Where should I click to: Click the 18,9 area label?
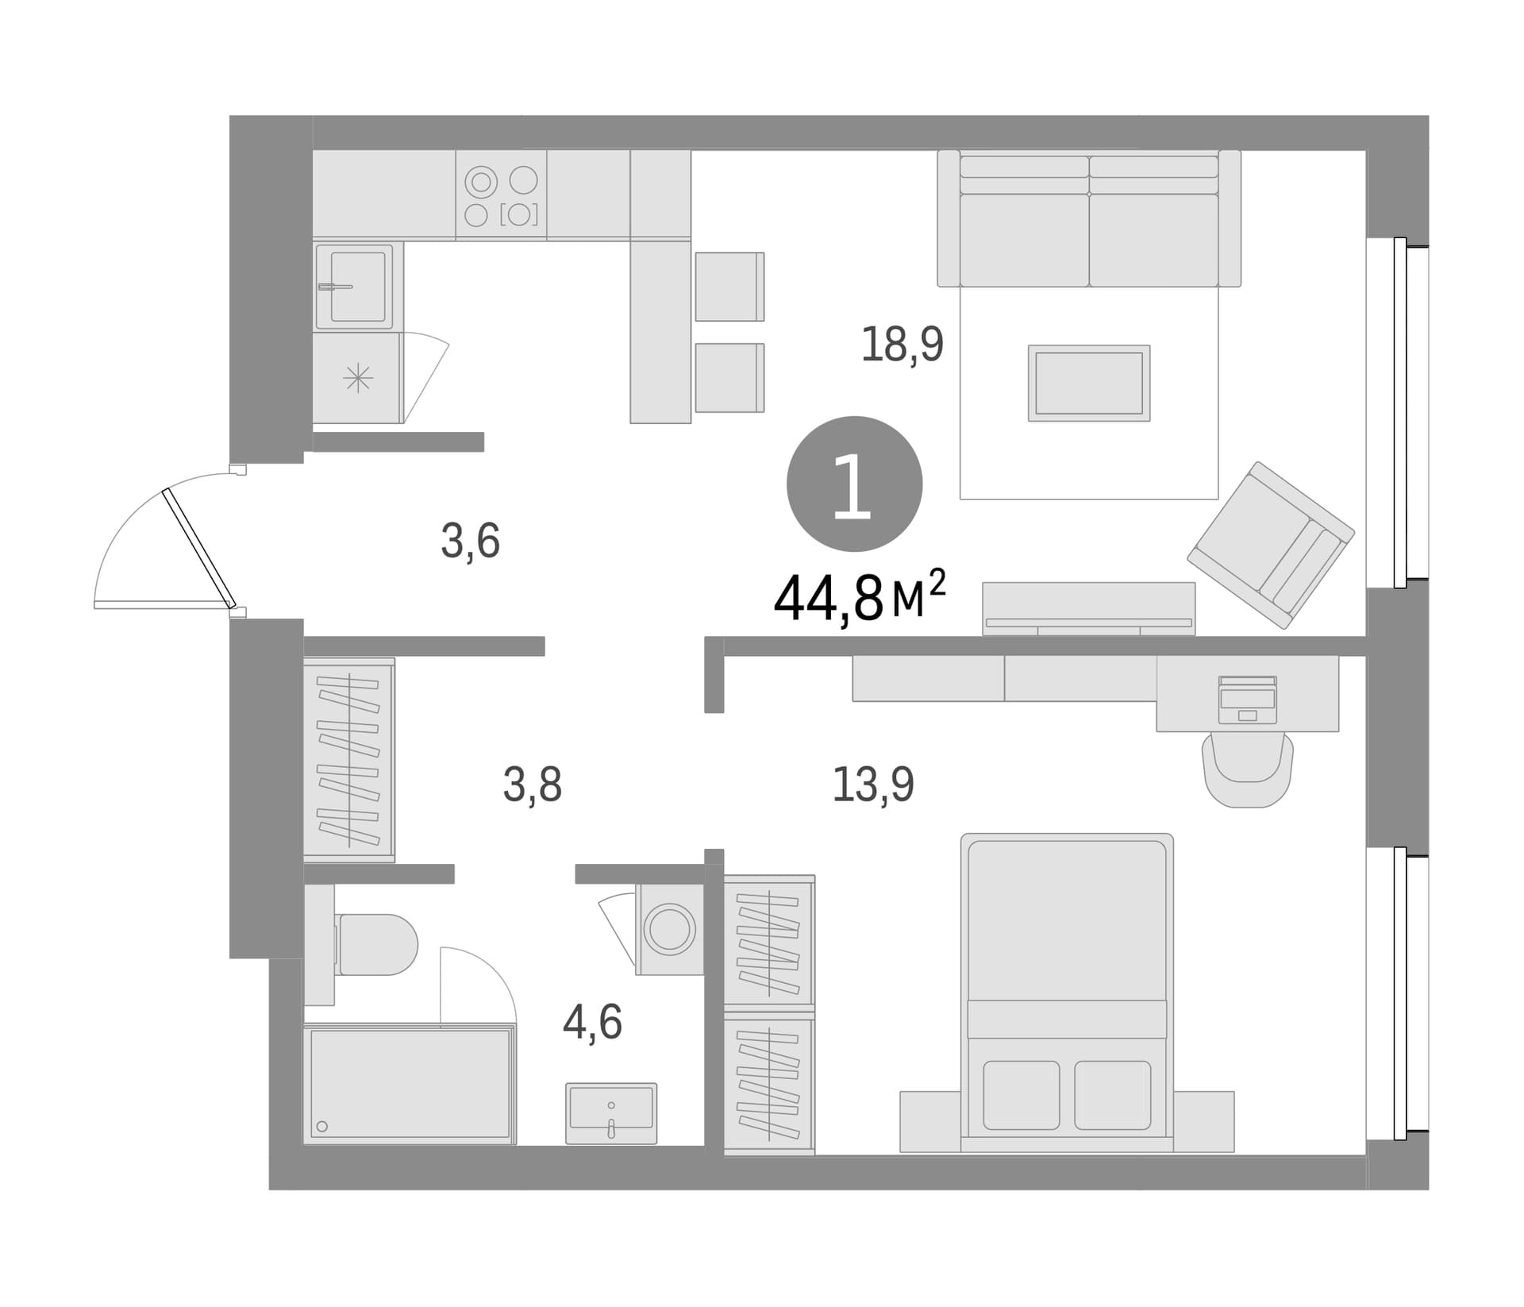coord(902,345)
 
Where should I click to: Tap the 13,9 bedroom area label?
coord(873,785)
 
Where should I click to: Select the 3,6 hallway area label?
coord(471,542)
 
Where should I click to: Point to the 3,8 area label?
coord(533,785)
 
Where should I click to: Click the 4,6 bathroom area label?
coord(593,1022)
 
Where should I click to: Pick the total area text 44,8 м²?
coord(860,596)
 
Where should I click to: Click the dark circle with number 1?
coord(854,484)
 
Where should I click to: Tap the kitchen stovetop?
coord(501,195)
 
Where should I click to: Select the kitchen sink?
coord(354,286)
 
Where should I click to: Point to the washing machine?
coord(669,929)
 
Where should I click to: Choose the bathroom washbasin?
coord(611,1113)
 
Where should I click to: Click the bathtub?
coord(410,1084)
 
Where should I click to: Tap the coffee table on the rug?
coord(1089,383)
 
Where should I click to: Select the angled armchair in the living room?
coord(1271,545)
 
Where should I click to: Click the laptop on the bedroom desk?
coord(1248,700)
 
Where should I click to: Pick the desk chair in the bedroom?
coord(1249,769)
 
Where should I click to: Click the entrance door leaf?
coord(199,548)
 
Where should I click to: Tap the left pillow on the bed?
coord(1022,1095)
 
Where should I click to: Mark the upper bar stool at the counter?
coord(729,287)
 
